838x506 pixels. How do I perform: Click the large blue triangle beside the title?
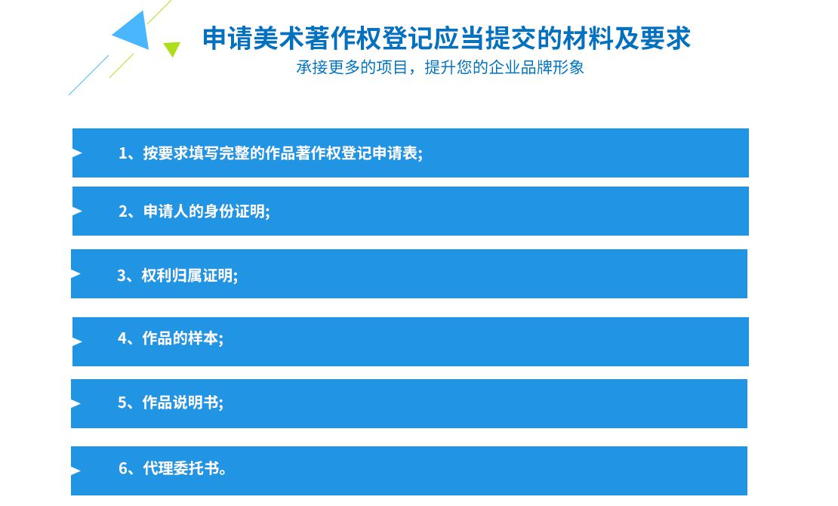134,32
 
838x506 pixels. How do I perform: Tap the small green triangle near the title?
171,48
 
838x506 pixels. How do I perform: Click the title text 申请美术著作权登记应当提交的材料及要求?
446,38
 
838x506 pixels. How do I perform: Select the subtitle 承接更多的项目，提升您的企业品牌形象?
440,67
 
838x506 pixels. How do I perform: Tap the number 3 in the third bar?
122,276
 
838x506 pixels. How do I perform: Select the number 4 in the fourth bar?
122,338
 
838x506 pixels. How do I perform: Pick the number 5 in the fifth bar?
122,403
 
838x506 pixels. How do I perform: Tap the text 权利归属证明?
187,276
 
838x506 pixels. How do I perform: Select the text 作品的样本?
180,338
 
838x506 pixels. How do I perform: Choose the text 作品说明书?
180,403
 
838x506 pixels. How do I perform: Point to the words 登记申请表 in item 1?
380,153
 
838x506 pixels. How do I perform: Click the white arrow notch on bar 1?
77,153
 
